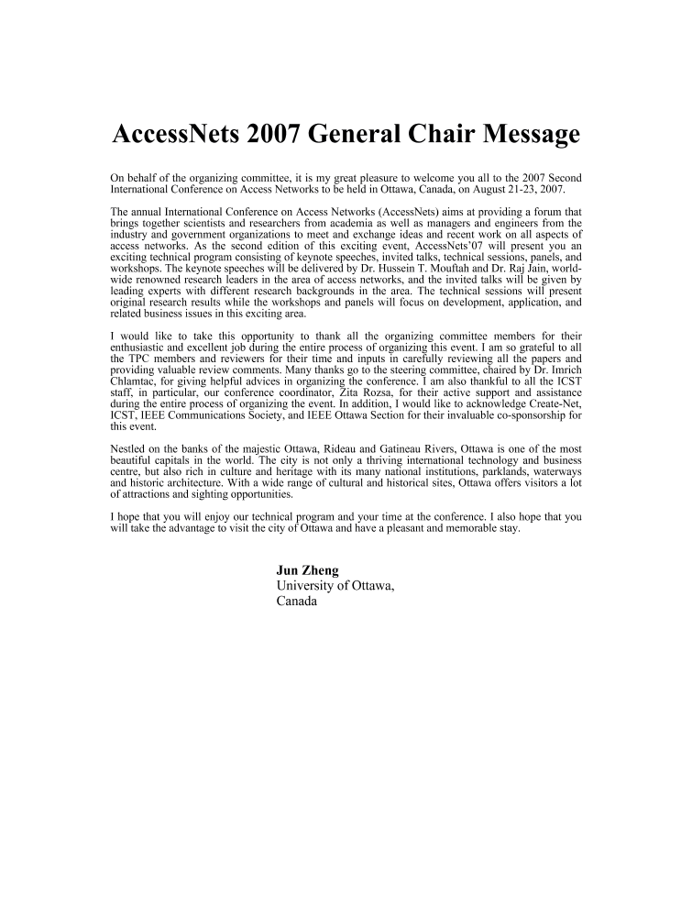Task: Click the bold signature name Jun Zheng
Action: [307, 569]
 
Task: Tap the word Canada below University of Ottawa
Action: [296, 602]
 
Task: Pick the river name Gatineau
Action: [377, 447]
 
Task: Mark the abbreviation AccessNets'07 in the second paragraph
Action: [443, 250]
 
